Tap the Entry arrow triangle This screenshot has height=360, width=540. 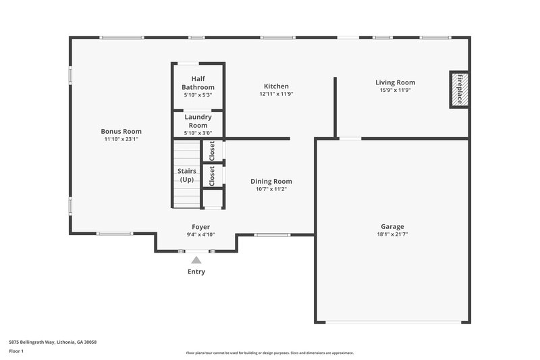tap(196, 259)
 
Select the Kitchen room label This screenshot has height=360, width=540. tap(276, 86)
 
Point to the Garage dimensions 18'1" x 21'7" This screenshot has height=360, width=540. tap(391, 234)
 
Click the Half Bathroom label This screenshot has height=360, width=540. tap(198, 83)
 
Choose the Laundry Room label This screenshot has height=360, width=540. tap(198, 121)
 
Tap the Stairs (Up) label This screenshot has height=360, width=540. tap(186, 176)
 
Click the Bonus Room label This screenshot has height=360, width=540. tap(122, 131)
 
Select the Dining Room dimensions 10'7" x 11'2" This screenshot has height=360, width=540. tap(271, 189)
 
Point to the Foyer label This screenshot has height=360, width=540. tap(200, 227)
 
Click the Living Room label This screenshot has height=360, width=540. tap(396, 82)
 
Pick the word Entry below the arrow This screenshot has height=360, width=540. tap(196, 272)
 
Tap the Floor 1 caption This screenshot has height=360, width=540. tap(16, 352)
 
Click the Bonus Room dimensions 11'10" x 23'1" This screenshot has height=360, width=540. tap(122, 139)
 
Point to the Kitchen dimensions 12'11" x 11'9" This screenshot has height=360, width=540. tap(276, 95)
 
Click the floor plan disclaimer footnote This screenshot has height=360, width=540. tap(270, 353)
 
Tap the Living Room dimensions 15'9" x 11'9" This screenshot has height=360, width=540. tap(396, 91)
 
